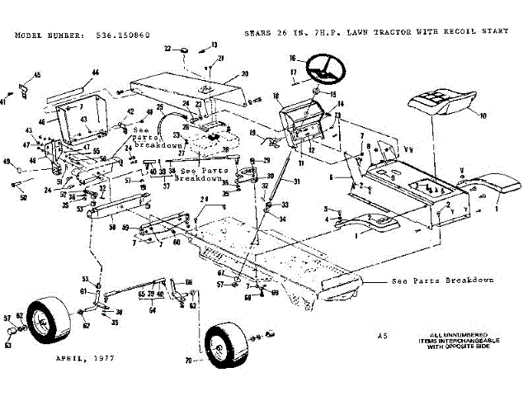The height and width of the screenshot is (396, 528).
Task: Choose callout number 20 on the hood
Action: [244, 74]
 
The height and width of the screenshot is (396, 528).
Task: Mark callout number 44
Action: [95, 73]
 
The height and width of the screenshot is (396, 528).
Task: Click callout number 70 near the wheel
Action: [189, 360]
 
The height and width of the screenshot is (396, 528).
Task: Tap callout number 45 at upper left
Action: [37, 76]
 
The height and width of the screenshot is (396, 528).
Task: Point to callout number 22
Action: [167, 49]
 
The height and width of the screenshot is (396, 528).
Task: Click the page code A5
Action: [381, 336]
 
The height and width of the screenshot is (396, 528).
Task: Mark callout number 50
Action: [23, 196]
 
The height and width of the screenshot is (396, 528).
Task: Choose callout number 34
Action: [280, 219]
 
